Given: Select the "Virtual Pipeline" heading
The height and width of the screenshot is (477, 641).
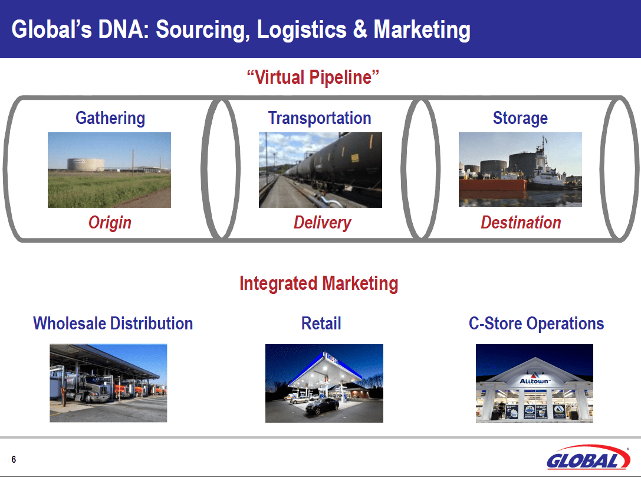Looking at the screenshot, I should click(x=313, y=77).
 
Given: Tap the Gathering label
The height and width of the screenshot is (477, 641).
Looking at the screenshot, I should click(x=110, y=118).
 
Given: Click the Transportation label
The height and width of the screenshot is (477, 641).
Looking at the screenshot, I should click(x=320, y=118).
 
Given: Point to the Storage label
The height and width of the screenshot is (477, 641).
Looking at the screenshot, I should click(x=520, y=118).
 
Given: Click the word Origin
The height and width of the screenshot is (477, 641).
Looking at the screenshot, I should click(x=110, y=223).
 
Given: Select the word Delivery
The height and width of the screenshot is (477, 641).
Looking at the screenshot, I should click(x=322, y=223).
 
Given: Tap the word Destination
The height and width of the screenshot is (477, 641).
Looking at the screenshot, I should click(x=521, y=223).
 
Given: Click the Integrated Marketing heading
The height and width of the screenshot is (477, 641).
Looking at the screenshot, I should click(x=318, y=283).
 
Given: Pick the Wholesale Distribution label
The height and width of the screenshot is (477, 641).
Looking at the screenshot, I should click(x=113, y=324).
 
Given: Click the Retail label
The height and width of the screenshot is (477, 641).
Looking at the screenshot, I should click(x=321, y=324).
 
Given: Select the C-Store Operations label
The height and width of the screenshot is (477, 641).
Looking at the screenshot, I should click(x=536, y=324).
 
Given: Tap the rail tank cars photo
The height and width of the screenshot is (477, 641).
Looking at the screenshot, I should click(x=320, y=169).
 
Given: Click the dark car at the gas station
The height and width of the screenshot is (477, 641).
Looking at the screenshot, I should click(x=322, y=406).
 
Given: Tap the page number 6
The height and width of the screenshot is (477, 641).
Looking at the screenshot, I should click(x=14, y=460).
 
